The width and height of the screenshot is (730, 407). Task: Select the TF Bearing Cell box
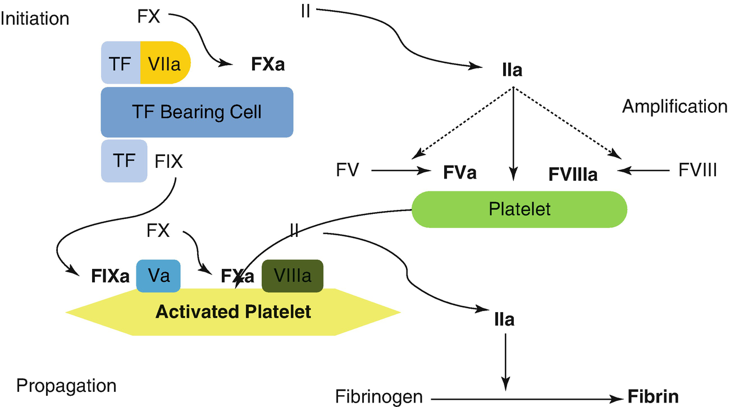click(x=197, y=112)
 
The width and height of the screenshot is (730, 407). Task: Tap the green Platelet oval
click(x=519, y=209)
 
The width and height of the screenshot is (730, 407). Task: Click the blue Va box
click(x=158, y=276)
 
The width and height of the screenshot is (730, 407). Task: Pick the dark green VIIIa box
click(x=292, y=276)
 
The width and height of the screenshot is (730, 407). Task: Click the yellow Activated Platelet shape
click(x=233, y=312)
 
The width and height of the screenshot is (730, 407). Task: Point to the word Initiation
click(x=35, y=19)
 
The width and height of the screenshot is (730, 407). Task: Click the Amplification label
click(x=674, y=106)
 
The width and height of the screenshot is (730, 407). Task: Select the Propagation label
click(x=66, y=386)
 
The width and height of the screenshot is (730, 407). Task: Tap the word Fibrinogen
click(x=379, y=397)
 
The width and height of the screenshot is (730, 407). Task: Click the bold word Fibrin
click(x=653, y=397)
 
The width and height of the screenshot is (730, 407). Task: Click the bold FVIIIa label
click(x=572, y=175)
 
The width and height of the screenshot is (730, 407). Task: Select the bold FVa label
click(x=459, y=172)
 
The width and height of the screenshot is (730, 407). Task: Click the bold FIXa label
click(x=110, y=276)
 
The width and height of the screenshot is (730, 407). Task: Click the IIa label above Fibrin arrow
click(x=504, y=320)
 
